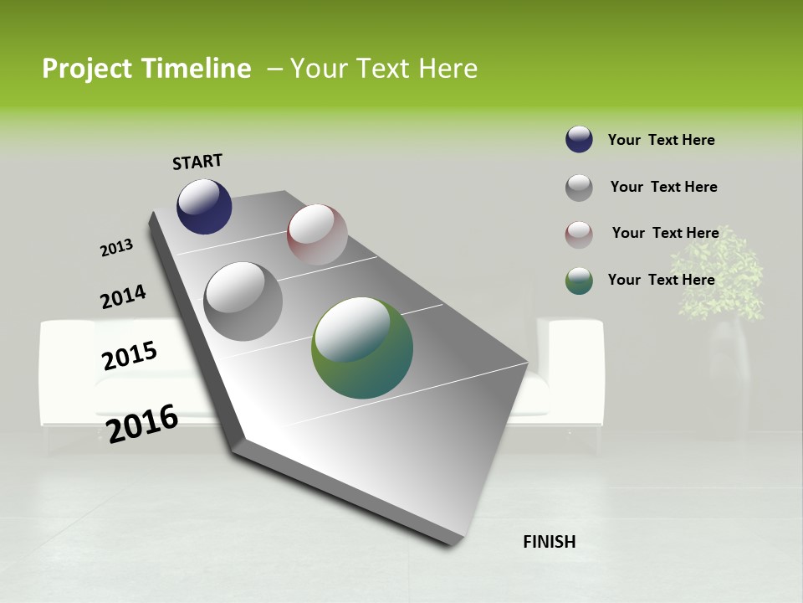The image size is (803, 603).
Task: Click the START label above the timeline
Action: coord(197,162)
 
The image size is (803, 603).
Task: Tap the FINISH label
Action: coord(549,542)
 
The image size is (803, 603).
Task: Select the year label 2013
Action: coord(116,248)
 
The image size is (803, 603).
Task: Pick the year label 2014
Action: coord(123,297)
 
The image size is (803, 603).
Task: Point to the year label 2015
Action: coord(130,356)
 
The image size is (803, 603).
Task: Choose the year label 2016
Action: coord(142,424)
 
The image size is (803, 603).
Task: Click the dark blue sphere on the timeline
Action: coord(204,207)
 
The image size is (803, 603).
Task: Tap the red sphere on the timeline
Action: coord(317,234)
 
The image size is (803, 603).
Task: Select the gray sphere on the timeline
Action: coord(243,301)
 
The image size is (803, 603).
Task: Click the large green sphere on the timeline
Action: coord(362,348)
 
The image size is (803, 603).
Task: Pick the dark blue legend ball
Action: coord(579,140)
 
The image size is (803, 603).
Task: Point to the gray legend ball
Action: coord(579,188)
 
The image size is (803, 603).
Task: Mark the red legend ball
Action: coord(579,234)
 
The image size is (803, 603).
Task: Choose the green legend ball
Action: coord(579,281)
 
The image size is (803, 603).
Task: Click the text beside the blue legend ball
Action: coord(661,140)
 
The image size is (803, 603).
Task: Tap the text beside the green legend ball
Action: coord(661,280)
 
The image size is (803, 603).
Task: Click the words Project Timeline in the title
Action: coord(146,69)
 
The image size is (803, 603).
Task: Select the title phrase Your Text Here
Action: coord(384,69)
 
